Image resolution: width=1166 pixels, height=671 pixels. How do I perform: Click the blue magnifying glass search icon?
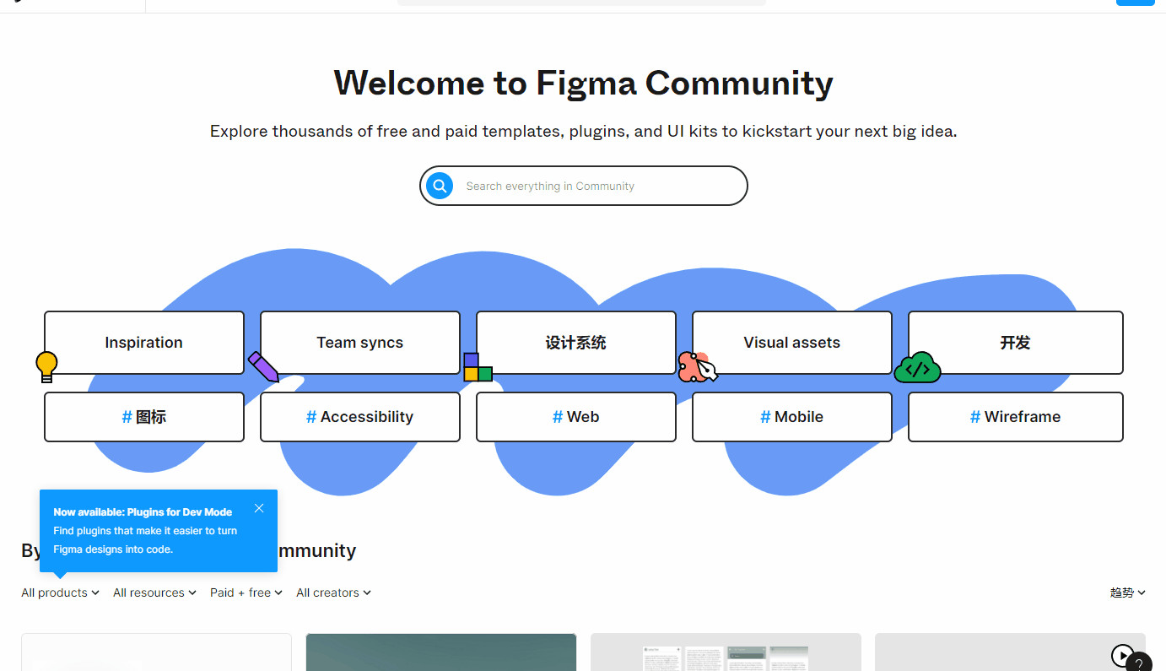tap(440, 186)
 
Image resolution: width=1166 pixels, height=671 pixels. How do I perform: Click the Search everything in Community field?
tap(591, 186)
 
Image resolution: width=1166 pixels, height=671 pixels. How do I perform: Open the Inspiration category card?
tap(143, 342)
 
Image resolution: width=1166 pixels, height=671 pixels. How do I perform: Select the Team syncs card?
tap(359, 342)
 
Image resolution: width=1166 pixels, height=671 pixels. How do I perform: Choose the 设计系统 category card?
tap(575, 342)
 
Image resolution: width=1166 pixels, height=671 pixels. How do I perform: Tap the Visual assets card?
tap(791, 342)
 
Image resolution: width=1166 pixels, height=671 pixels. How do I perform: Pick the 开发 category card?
tap(1015, 342)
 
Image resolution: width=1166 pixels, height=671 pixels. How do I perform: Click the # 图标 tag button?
tap(143, 417)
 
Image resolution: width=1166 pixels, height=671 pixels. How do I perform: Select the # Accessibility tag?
tap(359, 417)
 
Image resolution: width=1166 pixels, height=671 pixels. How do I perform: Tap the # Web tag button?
tap(575, 417)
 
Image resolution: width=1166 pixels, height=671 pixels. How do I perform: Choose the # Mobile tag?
tap(791, 417)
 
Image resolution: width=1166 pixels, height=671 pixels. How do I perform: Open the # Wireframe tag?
tap(1015, 417)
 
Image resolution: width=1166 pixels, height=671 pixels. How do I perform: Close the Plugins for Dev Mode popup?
tap(259, 508)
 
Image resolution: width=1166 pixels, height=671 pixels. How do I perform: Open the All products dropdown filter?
tap(60, 593)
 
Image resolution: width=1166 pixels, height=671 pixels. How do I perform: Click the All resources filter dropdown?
tap(154, 593)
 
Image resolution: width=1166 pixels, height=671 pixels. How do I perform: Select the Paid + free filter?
tap(246, 593)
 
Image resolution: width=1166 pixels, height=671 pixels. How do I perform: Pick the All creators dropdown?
tap(333, 593)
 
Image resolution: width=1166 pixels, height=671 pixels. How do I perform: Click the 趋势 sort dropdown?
tap(1127, 593)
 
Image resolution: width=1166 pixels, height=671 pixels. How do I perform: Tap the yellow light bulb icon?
tap(46, 366)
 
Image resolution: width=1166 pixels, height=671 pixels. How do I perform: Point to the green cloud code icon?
tap(917, 368)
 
